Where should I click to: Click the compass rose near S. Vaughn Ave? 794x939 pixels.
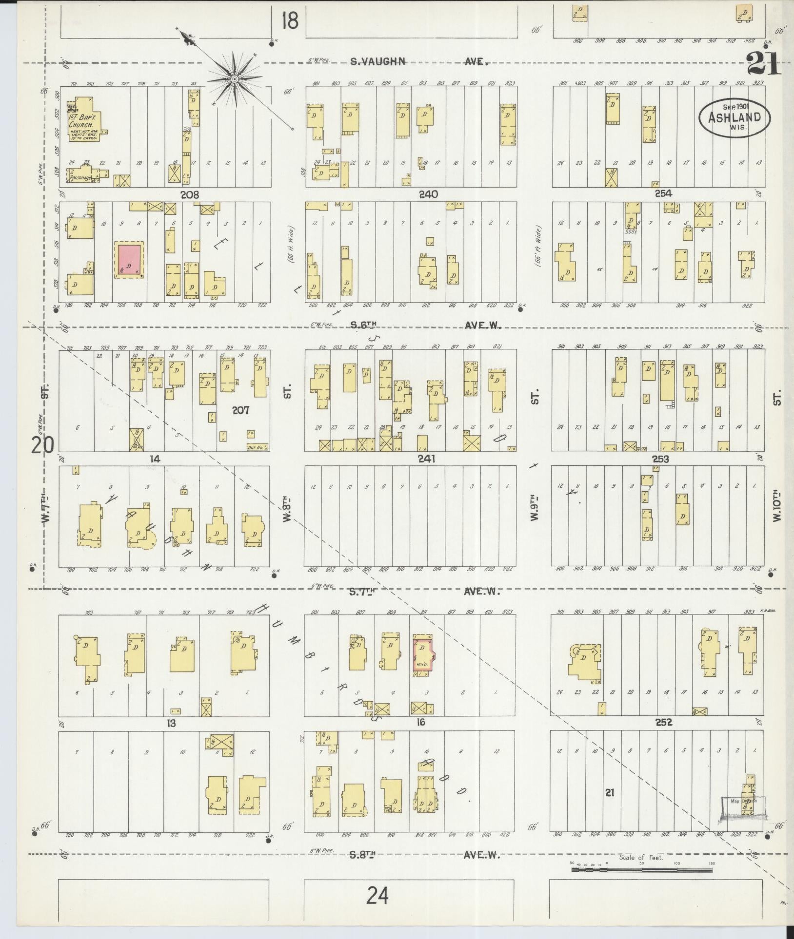pyautogui.click(x=235, y=78)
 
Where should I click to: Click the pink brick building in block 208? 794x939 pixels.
pyautogui.click(x=129, y=259)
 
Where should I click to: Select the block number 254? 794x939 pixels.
pyautogui.click(x=663, y=193)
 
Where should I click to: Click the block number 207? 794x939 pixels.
pyautogui.click(x=240, y=410)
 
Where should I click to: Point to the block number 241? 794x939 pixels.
pyautogui.click(x=426, y=459)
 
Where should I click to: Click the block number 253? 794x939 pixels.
pyautogui.click(x=660, y=459)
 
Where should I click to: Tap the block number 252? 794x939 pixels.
pyautogui.click(x=664, y=722)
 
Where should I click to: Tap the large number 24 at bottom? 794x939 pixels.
pyautogui.click(x=378, y=895)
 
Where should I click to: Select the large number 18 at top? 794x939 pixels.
pyautogui.click(x=290, y=21)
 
